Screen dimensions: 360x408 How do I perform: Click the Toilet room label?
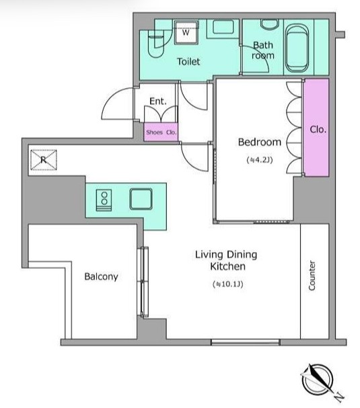tap(188, 62)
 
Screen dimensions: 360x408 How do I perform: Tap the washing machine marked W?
tap(186, 32)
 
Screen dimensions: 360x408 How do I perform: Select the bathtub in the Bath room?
tap(297, 48)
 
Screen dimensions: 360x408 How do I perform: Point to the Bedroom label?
tap(260, 142)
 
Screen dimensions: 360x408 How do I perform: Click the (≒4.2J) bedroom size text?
tap(260, 160)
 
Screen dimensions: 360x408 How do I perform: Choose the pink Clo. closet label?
tap(318, 129)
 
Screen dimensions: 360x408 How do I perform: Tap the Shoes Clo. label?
tap(161, 132)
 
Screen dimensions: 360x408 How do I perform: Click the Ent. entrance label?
tap(158, 101)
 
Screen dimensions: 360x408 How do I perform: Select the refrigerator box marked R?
tap(44, 160)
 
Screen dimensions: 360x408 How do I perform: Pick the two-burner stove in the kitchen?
tap(104, 200)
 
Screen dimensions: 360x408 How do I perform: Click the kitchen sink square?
tap(141, 199)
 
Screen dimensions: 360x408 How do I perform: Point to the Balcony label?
tap(101, 276)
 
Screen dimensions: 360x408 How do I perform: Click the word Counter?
tap(312, 276)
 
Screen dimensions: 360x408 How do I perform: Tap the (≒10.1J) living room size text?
tap(228, 284)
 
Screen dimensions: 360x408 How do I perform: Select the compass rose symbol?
tap(318, 380)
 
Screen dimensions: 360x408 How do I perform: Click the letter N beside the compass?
tap(338, 397)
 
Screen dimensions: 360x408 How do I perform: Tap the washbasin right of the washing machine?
tap(223, 27)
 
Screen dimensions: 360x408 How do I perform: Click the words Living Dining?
tap(226, 255)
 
